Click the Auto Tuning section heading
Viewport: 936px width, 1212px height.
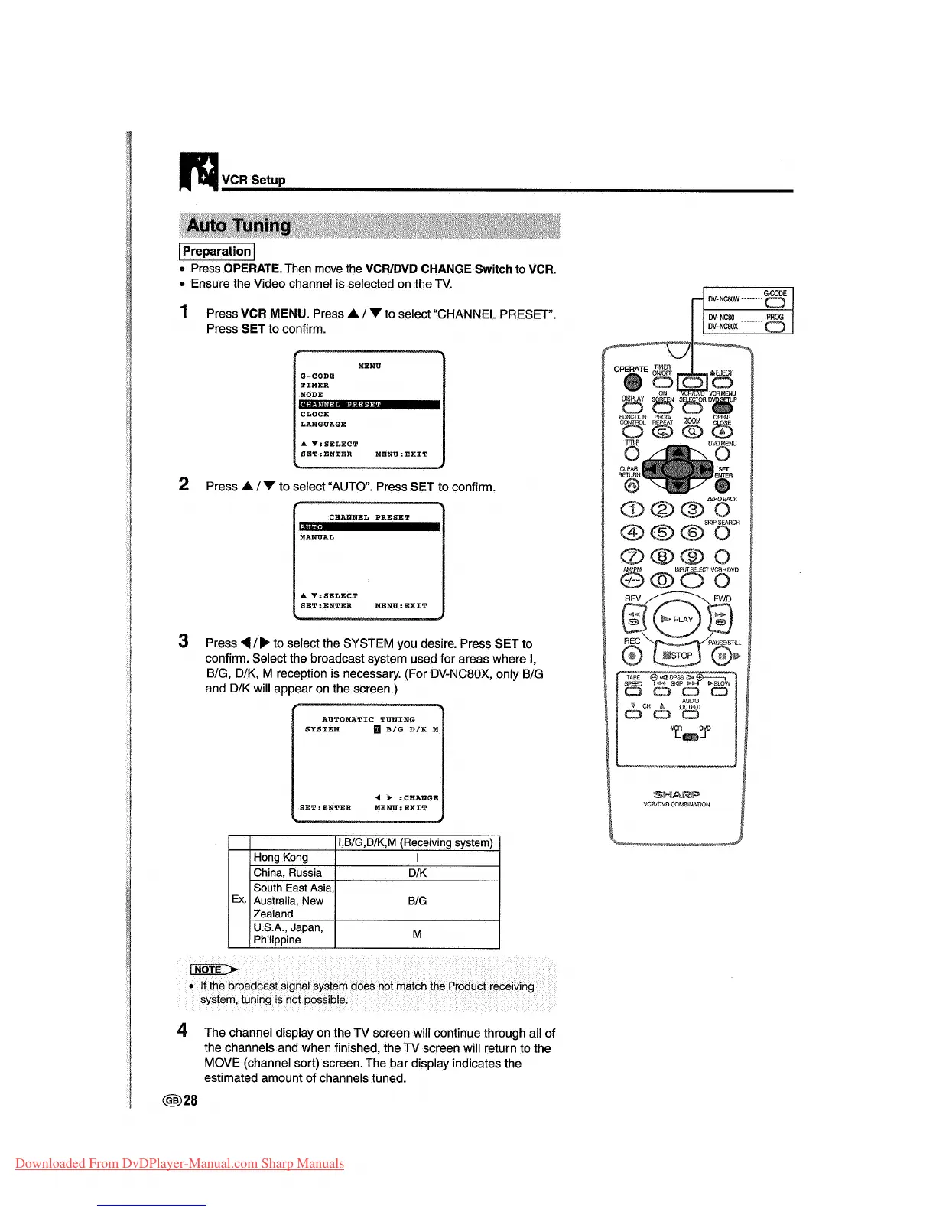point(239,226)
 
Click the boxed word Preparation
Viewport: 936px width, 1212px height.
point(216,252)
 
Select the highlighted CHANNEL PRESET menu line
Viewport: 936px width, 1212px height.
point(369,405)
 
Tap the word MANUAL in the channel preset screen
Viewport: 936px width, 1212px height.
point(317,538)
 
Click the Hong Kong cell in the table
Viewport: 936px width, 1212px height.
point(281,858)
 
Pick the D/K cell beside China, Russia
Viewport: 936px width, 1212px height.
point(417,873)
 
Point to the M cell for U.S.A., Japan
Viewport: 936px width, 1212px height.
point(417,934)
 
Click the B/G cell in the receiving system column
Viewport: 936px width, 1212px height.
point(417,901)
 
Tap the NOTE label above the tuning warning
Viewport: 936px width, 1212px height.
point(209,969)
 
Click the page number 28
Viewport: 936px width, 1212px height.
point(190,1100)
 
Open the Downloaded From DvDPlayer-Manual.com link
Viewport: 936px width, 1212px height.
point(180,1164)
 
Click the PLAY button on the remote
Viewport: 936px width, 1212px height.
point(677,620)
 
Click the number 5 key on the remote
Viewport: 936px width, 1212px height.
point(662,533)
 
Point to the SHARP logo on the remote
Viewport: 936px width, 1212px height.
point(676,793)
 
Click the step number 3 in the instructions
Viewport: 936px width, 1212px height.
point(184,641)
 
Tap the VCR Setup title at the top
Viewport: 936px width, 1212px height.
point(253,181)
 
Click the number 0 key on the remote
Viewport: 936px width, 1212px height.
point(662,581)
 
